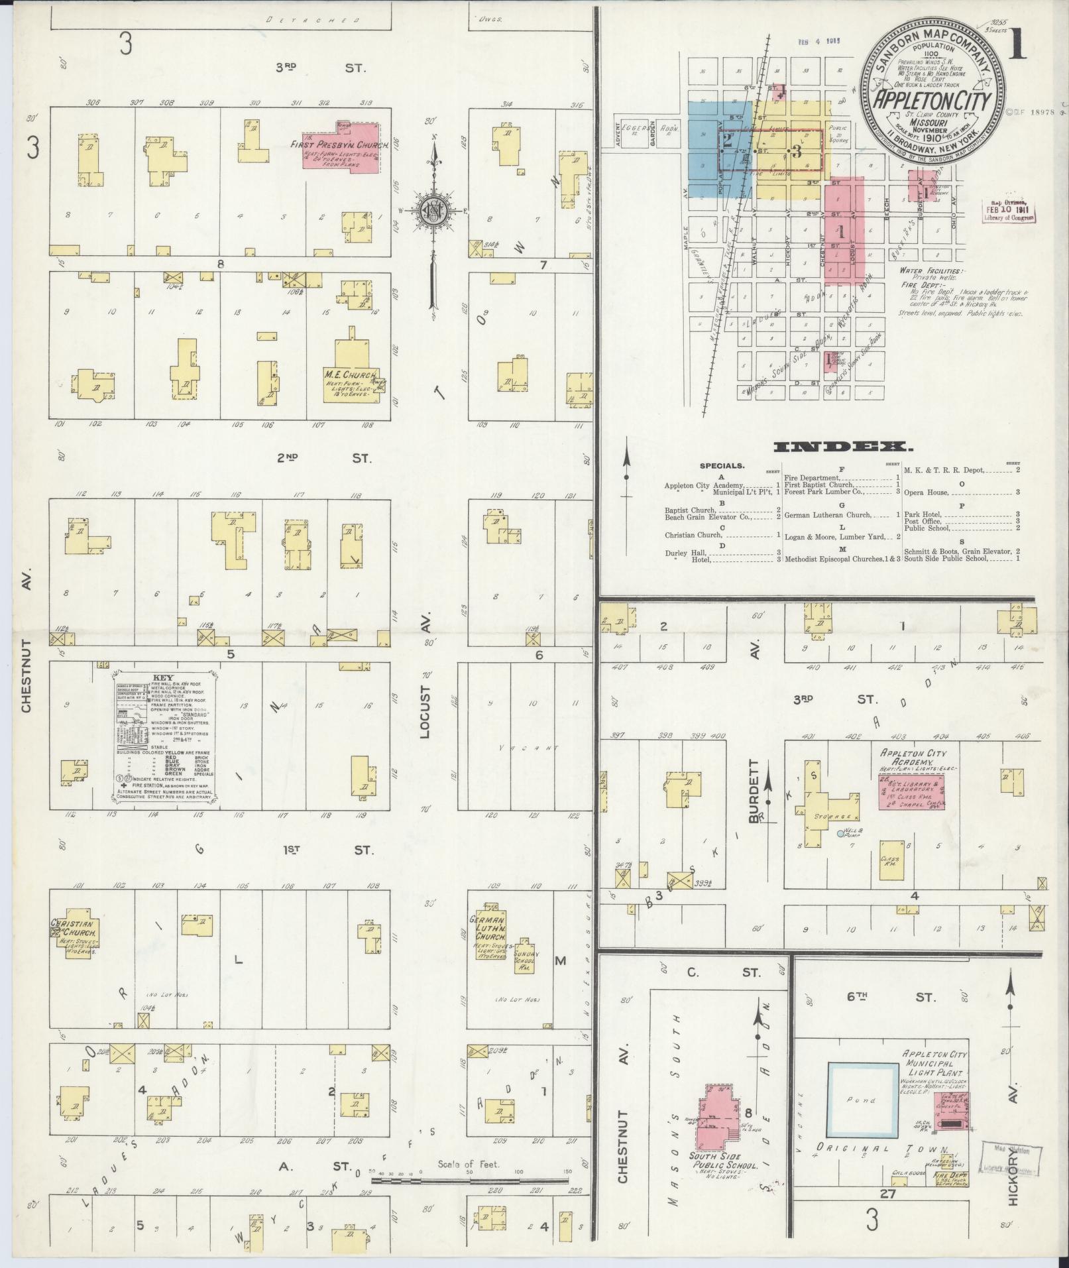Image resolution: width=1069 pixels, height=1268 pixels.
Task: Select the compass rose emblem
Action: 433,211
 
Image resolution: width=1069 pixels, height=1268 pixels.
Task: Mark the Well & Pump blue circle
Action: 841,833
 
